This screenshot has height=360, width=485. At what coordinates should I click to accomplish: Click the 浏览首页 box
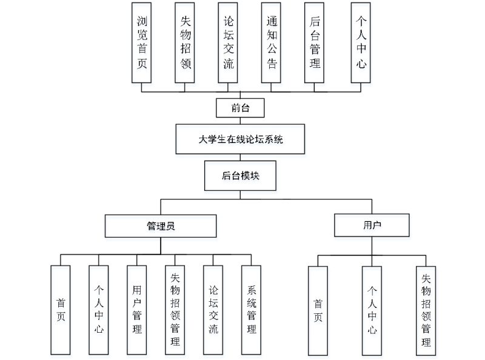(141, 42)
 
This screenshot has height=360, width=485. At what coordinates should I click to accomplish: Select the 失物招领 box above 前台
(185, 42)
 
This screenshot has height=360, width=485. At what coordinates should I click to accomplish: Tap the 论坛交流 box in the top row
(228, 42)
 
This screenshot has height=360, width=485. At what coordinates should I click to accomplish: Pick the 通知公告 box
(272, 42)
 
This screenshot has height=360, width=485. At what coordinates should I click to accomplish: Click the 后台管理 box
(315, 42)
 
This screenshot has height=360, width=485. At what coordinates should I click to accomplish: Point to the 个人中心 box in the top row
(361, 42)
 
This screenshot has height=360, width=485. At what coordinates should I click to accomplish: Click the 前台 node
(240, 108)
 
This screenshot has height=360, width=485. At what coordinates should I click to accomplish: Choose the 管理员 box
(161, 226)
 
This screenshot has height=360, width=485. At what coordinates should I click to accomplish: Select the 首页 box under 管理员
(61, 310)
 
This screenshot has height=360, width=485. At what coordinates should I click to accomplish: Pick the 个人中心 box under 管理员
(98, 310)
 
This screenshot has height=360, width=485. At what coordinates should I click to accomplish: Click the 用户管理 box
(136, 310)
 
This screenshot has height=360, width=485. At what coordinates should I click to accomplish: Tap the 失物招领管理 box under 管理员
(175, 310)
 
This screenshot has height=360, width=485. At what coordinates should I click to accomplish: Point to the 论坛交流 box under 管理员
(213, 310)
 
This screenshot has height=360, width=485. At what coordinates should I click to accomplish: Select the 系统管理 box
(251, 310)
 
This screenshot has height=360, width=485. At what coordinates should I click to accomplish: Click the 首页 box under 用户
(318, 310)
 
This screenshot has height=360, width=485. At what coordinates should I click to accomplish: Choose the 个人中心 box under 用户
(372, 310)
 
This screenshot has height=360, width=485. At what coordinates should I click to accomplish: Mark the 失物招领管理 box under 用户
(426, 310)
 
